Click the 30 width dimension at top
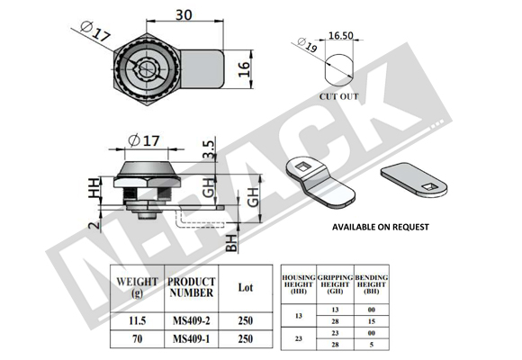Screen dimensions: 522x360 (x=184, y=15)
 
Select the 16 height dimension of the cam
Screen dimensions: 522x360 (x=244, y=69)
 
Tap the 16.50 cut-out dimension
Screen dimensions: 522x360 (x=340, y=35)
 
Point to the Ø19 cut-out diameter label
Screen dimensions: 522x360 (x=307, y=45)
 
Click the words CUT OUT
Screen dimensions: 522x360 (x=339, y=96)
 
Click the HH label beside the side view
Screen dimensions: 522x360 (x=94, y=188)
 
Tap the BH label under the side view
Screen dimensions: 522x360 (x=231, y=243)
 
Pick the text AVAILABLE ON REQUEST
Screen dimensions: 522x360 (x=381, y=227)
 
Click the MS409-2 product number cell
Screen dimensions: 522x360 (x=192, y=320)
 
